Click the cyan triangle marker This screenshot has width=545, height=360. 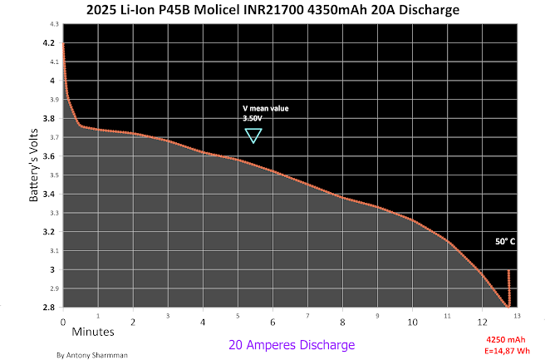pos(253,135)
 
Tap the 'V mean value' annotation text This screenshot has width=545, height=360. pos(265,108)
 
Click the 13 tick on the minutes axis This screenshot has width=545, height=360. pos(518,316)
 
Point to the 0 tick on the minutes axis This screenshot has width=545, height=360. pos(63,320)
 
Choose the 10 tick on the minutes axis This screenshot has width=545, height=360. pos(412,320)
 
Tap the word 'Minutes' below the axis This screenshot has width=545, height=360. pos(93,332)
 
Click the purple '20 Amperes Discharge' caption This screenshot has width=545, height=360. pos(292,344)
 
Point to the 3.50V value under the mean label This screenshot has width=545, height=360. pos(252,119)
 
